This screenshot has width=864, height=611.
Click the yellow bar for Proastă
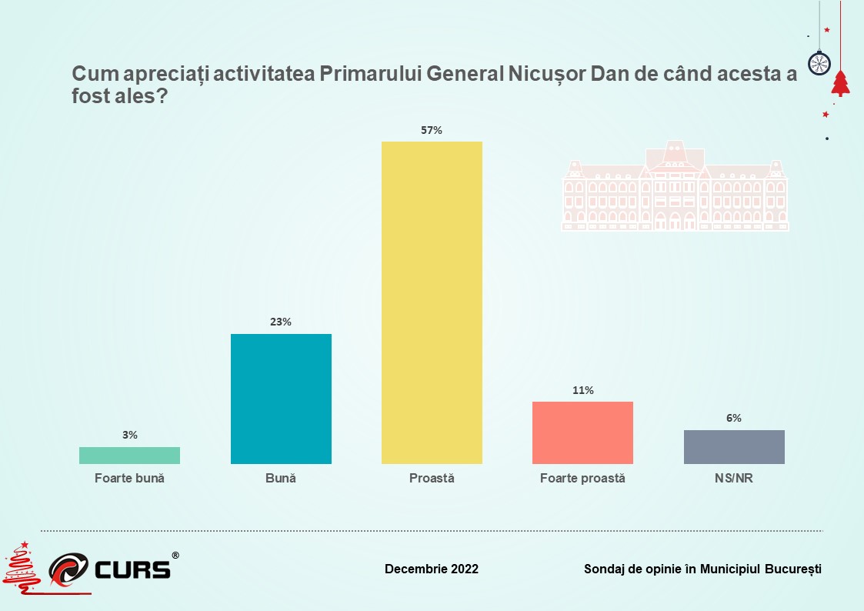pyautogui.click(x=432, y=302)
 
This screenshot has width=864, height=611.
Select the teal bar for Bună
pyautogui.click(x=281, y=399)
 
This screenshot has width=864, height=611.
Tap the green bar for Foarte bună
pyautogui.click(x=129, y=456)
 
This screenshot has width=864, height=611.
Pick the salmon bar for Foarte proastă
pyautogui.click(x=582, y=432)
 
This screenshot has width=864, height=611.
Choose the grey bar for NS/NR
pyautogui.click(x=734, y=447)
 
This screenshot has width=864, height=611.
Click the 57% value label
pyautogui.click(x=432, y=130)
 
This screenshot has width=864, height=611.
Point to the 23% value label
pyautogui.click(x=281, y=322)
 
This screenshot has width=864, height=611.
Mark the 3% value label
pyautogui.click(x=129, y=436)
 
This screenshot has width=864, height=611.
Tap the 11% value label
pyautogui.click(x=582, y=390)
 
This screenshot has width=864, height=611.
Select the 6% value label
pyautogui.click(x=734, y=419)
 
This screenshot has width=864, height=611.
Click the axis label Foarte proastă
pyautogui.click(x=582, y=479)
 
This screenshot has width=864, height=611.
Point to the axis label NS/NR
pyautogui.click(x=734, y=479)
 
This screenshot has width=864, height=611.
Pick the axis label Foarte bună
pyautogui.click(x=129, y=479)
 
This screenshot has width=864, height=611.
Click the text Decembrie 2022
pyautogui.click(x=432, y=569)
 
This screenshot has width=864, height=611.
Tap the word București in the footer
pyautogui.click(x=793, y=569)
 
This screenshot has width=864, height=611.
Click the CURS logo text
pyautogui.click(x=133, y=569)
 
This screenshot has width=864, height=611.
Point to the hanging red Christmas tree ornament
pyautogui.click(x=840, y=83)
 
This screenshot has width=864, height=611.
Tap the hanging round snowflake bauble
pyautogui.click(x=818, y=62)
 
